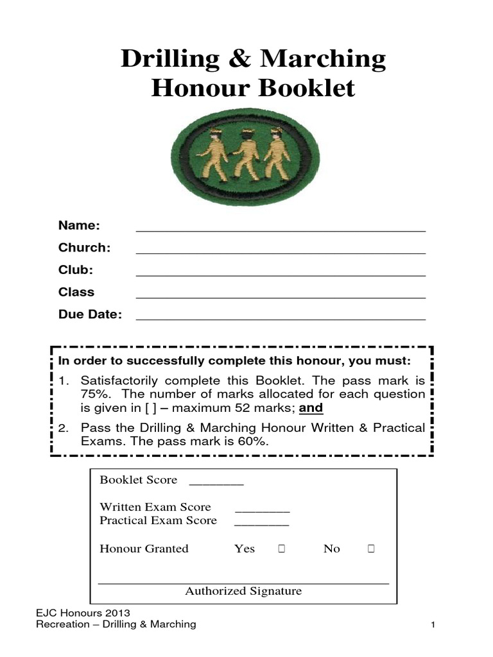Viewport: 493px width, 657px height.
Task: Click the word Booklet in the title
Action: pos(306,89)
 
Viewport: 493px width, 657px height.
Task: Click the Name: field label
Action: pos(79,226)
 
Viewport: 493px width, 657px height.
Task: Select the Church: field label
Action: pos(84,248)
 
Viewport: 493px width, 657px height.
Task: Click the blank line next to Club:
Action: pos(281,274)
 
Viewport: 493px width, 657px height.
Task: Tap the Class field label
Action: pos(76,292)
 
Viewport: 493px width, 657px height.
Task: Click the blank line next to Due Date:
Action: pos(281,318)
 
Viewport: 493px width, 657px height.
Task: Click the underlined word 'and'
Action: pos(311,408)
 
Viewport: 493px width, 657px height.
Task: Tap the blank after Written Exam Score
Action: pos(262,511)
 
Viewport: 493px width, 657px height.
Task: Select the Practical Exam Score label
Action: pos(158,520)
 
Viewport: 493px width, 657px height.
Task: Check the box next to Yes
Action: pos(281,549)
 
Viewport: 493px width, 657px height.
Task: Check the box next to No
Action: pos(371,549)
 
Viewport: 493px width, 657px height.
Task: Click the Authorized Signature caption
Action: pos(243,592)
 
